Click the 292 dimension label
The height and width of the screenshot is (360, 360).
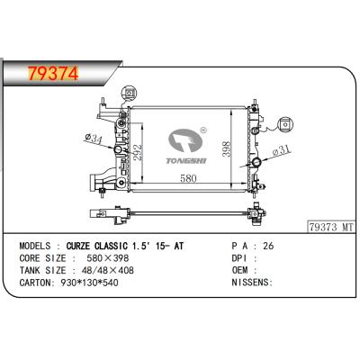coord(138,153)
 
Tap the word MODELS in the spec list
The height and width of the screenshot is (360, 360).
coord(35,244)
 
